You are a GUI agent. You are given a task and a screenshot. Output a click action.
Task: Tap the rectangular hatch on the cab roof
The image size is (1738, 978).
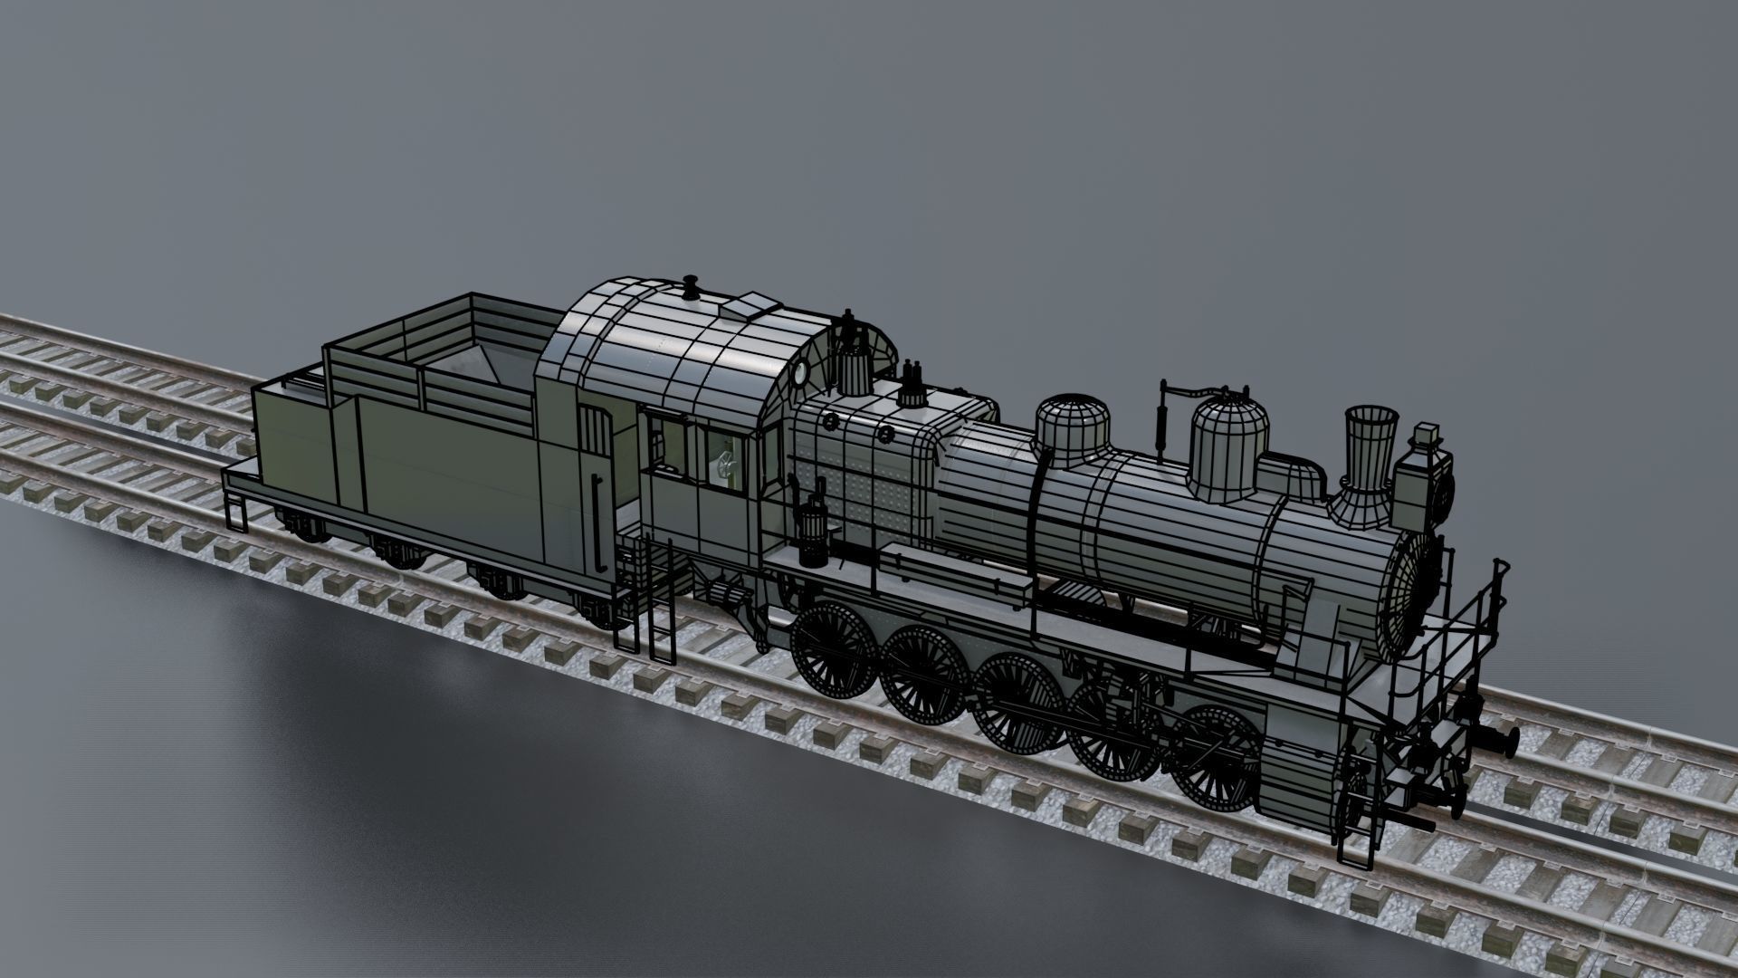click(x=751, y=305)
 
